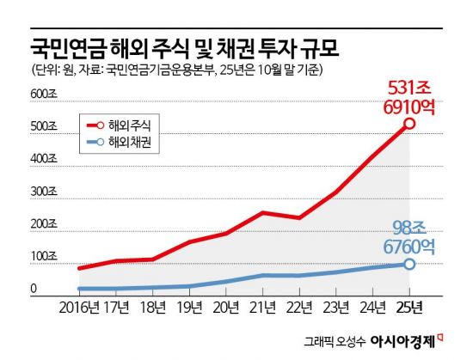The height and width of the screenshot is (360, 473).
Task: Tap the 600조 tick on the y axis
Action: coord(44,93)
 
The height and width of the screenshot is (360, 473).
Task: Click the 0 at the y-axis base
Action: coord(34,290)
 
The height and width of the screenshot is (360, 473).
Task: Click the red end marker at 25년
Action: coord(409,124)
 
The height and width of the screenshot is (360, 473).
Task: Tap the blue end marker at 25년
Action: coord(409,264)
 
